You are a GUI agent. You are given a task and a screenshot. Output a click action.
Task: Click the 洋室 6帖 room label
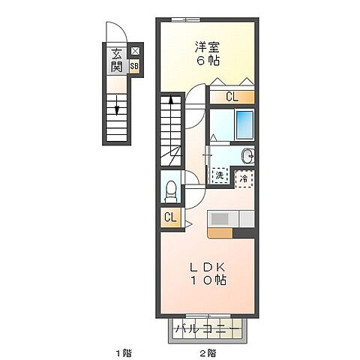click(207, 54)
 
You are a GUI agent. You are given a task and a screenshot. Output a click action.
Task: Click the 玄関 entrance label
click(117, 61)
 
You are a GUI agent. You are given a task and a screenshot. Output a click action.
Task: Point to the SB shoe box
click(134, 66)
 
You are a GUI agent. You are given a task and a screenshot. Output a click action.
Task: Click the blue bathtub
click(244, 124)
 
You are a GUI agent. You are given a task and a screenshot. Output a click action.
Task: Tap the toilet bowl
click(171, 190)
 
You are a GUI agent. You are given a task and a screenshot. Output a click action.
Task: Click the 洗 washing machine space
click(220, 175)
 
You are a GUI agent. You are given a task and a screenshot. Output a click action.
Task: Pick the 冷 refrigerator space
click(244, 179)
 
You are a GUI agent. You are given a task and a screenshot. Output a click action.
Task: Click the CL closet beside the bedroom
click(232, 97)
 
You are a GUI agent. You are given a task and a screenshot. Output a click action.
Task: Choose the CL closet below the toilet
click(170, 217)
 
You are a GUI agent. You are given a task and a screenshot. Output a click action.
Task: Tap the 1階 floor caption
click(124, 353)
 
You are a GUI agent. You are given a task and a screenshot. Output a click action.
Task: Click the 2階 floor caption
click(208, 353)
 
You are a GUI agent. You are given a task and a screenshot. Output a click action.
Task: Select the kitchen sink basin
click(220, 219)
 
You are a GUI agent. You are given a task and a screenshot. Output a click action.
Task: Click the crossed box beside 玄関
click(135, 51)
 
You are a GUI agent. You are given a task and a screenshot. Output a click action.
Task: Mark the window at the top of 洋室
click(186, 19)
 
